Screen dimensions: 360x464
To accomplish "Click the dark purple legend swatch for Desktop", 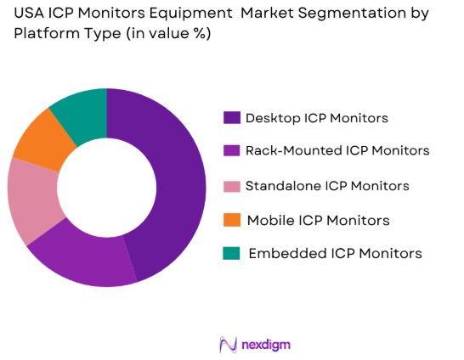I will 230,117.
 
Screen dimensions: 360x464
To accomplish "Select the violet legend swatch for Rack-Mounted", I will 230,150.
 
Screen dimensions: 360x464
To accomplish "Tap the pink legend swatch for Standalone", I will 230,185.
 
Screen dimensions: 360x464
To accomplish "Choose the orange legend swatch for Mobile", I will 230,220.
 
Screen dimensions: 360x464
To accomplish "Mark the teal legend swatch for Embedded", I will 230,253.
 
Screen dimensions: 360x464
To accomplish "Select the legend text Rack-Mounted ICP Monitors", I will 337,150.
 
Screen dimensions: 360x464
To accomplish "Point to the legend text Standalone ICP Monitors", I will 327,185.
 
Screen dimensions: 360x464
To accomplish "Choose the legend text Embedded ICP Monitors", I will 335,253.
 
